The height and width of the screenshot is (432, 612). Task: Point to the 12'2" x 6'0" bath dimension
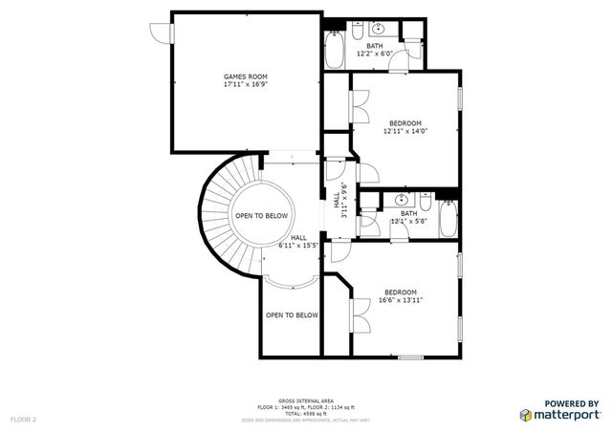point(376,54)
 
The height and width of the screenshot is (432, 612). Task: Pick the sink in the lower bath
point(403,200)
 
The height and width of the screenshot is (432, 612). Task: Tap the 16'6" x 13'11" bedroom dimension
point(401,300)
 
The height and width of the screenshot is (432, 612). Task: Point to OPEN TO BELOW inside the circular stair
point(262,216)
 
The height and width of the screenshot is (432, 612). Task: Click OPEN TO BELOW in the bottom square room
point(292,314)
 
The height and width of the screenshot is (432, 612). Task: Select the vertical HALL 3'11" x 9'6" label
point(340,202)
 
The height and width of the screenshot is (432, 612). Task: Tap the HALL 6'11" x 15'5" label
point(298,242)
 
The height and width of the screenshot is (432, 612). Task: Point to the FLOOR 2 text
point(23,419)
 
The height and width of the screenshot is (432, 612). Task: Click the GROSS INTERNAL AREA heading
point(306,401)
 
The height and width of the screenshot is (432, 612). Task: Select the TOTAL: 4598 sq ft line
point(306,413)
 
